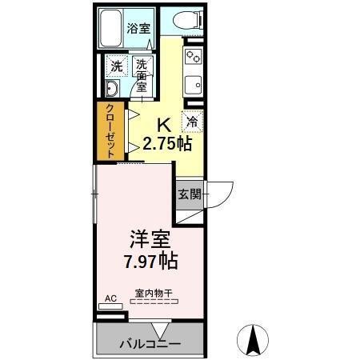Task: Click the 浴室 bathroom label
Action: tap(138, 29)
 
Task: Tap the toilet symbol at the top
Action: tap(184, 22)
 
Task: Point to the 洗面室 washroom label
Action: tap(142, 74)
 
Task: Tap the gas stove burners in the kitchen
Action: tap(193, 57)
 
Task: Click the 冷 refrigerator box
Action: tap(192, 122)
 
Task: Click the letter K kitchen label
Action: tap(164, 125)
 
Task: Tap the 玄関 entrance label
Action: tap(189, 194)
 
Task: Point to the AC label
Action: tap(110, 298)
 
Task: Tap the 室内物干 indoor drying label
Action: tap(150, 294)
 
